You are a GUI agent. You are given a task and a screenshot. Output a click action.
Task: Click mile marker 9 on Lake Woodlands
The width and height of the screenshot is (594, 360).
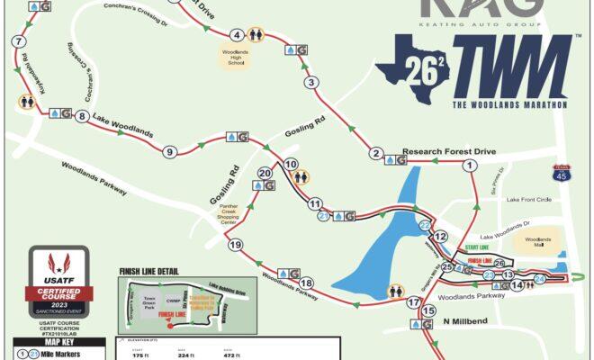169,152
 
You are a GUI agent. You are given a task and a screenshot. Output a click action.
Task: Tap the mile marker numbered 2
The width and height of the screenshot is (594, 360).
376,153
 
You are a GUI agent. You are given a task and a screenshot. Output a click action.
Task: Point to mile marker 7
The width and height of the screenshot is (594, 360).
18,42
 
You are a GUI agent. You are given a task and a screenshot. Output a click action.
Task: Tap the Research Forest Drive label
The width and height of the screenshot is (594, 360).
449,151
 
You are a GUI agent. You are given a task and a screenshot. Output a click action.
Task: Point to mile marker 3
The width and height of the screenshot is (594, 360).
311,83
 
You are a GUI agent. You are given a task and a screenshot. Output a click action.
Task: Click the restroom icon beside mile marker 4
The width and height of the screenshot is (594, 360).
256,35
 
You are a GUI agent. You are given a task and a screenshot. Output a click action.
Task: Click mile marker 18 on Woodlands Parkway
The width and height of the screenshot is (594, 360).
306,283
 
